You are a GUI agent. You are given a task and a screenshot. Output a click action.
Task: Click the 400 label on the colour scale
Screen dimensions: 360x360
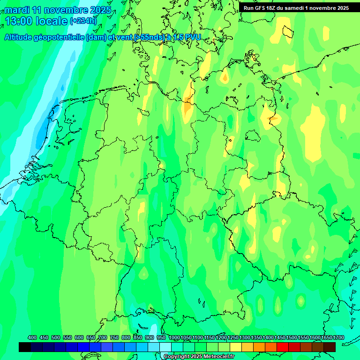click(x=32, y=337)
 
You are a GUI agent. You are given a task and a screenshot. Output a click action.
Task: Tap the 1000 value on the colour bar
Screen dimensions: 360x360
click(x=174, y=337)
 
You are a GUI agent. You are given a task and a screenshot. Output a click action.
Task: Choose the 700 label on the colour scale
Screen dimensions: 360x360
click(x=102, y=337)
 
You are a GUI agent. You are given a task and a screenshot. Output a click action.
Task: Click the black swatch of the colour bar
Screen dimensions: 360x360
click(x=25, y=347)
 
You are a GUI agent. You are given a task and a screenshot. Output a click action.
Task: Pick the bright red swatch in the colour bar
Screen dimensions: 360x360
click(x=283, y=347)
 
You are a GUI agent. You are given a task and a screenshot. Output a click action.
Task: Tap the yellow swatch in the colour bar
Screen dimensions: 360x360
click(x=236, y=347)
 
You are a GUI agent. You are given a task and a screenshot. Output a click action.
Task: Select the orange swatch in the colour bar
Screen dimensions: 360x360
click(x=259, y=347)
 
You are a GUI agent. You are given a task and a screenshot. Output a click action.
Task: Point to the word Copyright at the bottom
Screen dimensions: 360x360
click(x=177, y=357)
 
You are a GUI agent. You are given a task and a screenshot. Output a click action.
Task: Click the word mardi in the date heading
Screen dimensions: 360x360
click(x=17, y=10)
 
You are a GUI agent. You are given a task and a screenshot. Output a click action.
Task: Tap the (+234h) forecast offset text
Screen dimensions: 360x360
click(x=83, y=21)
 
